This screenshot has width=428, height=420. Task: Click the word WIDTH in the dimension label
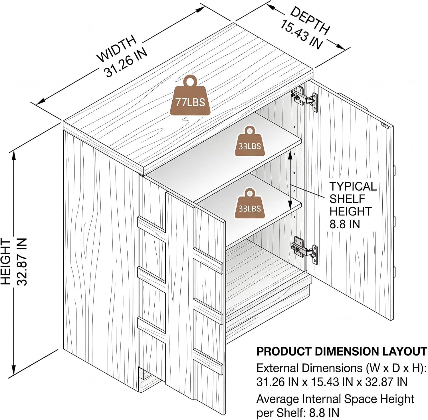(x=117, y=49)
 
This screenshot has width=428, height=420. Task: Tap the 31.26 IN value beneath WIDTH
(x=126, y=62)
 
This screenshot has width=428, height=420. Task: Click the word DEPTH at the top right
(x=310, y=20)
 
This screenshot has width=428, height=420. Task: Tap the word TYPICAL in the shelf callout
(x=353, y=186)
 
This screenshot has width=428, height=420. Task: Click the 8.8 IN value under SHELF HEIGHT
(x=345, y=224)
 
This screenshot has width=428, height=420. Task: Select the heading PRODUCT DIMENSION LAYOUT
(x=342, y=351)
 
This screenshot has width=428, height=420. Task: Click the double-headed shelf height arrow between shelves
(x=290, y=180)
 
